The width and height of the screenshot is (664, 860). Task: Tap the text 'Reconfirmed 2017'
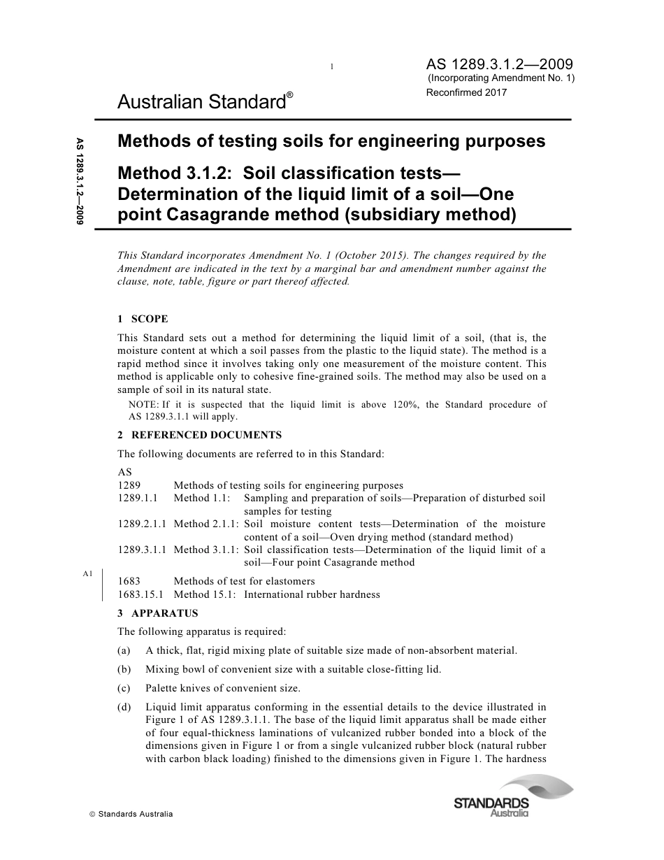[x=466, y=92]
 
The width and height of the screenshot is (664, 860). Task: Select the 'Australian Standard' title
[x=201, y=103]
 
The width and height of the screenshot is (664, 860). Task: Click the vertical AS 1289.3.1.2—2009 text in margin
[x=80, y=178]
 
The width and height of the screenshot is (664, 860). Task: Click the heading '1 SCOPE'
[x=143, y=319]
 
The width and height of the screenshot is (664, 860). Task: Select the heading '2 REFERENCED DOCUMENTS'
[x=199, y=435]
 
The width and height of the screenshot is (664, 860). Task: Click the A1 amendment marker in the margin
[x=87, y=574]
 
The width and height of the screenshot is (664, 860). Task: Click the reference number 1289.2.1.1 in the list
[x=142, y=524]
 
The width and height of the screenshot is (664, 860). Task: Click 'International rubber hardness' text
[x=312, y=594]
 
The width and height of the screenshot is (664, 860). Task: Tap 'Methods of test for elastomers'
[x=244, y=581]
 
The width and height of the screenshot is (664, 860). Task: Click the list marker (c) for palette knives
[x=124, y=688]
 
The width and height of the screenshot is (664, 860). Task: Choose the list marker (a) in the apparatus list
[x=124, y=650]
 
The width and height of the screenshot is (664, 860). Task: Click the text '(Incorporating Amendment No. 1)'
[x=500, y=78]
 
